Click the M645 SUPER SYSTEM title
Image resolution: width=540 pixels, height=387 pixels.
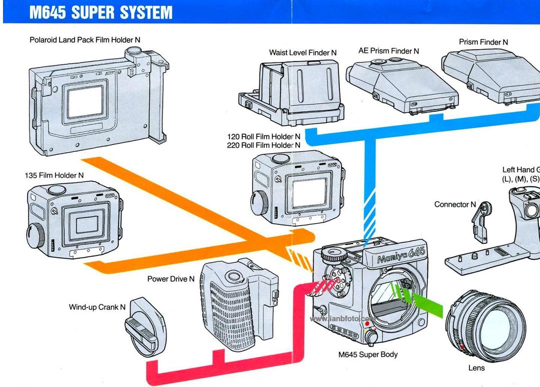click(100, 12)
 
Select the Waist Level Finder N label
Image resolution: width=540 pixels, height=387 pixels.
click(302, 53)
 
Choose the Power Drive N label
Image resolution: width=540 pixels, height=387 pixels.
click(170, 279)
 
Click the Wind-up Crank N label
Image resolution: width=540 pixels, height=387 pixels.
click(97, 307)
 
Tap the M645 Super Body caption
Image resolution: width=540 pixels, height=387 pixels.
click(368, 355)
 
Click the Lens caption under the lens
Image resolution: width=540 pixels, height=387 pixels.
click(476, 368)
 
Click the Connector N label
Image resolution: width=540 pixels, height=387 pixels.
click(455, 204)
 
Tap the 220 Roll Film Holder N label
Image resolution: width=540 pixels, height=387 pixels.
click(263, 145)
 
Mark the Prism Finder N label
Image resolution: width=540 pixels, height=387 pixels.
click(483, 42)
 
